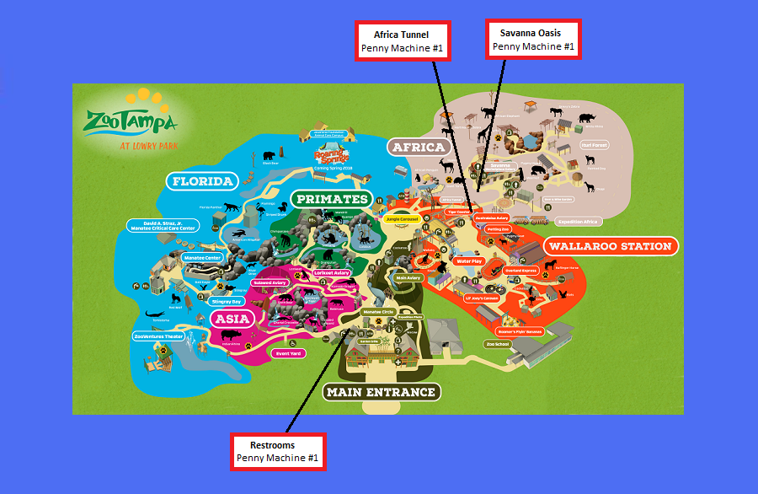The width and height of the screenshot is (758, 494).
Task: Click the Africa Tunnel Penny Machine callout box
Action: [x=402, y=40]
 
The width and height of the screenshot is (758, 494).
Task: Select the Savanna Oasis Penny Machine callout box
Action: [x=533, y=39]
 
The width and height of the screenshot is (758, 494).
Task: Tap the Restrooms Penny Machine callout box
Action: [x=278, y=451]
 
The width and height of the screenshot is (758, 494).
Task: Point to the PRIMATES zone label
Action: [x=331, y=200]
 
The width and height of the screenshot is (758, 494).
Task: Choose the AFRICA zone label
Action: [x=419, y=148]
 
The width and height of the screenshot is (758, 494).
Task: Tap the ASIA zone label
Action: [x=232, y=319]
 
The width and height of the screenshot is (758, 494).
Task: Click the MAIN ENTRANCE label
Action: [x=381, y=391]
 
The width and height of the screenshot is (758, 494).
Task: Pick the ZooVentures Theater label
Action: [x=158, y=336]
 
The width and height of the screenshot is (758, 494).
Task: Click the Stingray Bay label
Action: [x=226, y=300]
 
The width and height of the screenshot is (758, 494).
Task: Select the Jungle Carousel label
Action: [x=403, y=219]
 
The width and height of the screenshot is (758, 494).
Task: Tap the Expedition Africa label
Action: [x=577, y=222]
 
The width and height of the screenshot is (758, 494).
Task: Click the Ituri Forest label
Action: [x=594, y=145]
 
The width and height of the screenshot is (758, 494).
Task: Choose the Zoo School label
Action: [x=497, y=344]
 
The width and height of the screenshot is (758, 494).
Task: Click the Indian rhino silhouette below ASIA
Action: [x=233, y=335]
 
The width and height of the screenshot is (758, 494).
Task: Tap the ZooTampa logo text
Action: [x=131, y=124]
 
